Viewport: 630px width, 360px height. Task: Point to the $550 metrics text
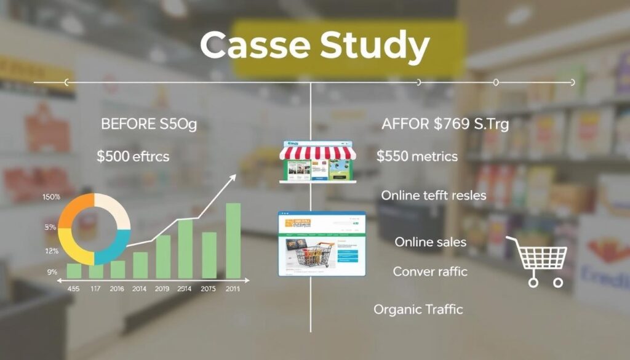point(417,156)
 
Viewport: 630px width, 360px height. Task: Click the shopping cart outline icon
point(536,260)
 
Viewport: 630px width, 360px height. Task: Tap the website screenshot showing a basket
point(322,244)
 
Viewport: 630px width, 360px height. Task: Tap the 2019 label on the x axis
point(162,288)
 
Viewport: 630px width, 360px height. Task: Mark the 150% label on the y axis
point(51,197)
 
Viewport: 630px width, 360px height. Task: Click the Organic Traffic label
point(418,310)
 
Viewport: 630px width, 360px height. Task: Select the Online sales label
point(430,242)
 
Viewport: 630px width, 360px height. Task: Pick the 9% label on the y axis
point(52,271)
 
